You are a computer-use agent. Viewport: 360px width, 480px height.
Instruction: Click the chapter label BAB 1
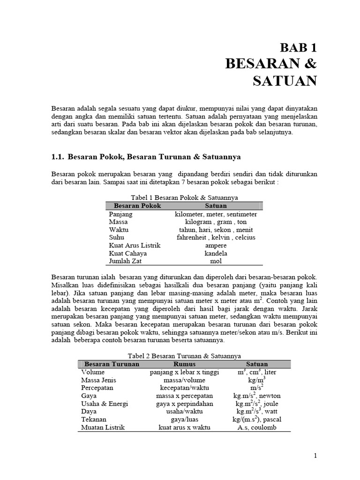click(298, 47)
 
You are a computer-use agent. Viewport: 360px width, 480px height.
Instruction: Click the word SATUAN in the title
click(285, 81)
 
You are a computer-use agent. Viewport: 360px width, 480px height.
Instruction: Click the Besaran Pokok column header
click(137, 206)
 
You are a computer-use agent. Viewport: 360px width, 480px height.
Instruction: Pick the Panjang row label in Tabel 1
click(120, 214)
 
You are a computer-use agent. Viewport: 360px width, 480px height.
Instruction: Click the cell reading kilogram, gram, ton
click(216, 222)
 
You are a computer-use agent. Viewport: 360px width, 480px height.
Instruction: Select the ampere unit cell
click(216, 246)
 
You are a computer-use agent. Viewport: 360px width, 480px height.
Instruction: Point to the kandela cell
click(216, 254)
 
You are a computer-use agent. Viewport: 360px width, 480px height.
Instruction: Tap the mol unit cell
click(216, 262)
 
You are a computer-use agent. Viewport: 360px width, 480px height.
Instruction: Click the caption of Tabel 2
click(184, 356)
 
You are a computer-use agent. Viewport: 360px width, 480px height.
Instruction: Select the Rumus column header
click(184, 364)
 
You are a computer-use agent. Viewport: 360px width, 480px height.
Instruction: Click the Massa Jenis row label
click(98, 380)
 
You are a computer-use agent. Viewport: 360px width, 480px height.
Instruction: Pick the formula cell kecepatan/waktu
click(184, 388)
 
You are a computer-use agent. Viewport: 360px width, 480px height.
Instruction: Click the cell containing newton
click(257, 396)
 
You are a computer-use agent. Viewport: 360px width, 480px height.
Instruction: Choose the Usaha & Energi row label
click(104, 404)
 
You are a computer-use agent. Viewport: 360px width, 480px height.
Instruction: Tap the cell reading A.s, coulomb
click(257, 428)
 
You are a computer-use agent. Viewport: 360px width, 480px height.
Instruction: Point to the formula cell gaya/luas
click(184, 420)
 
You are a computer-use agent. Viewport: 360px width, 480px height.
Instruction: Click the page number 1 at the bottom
click(315, 456)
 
